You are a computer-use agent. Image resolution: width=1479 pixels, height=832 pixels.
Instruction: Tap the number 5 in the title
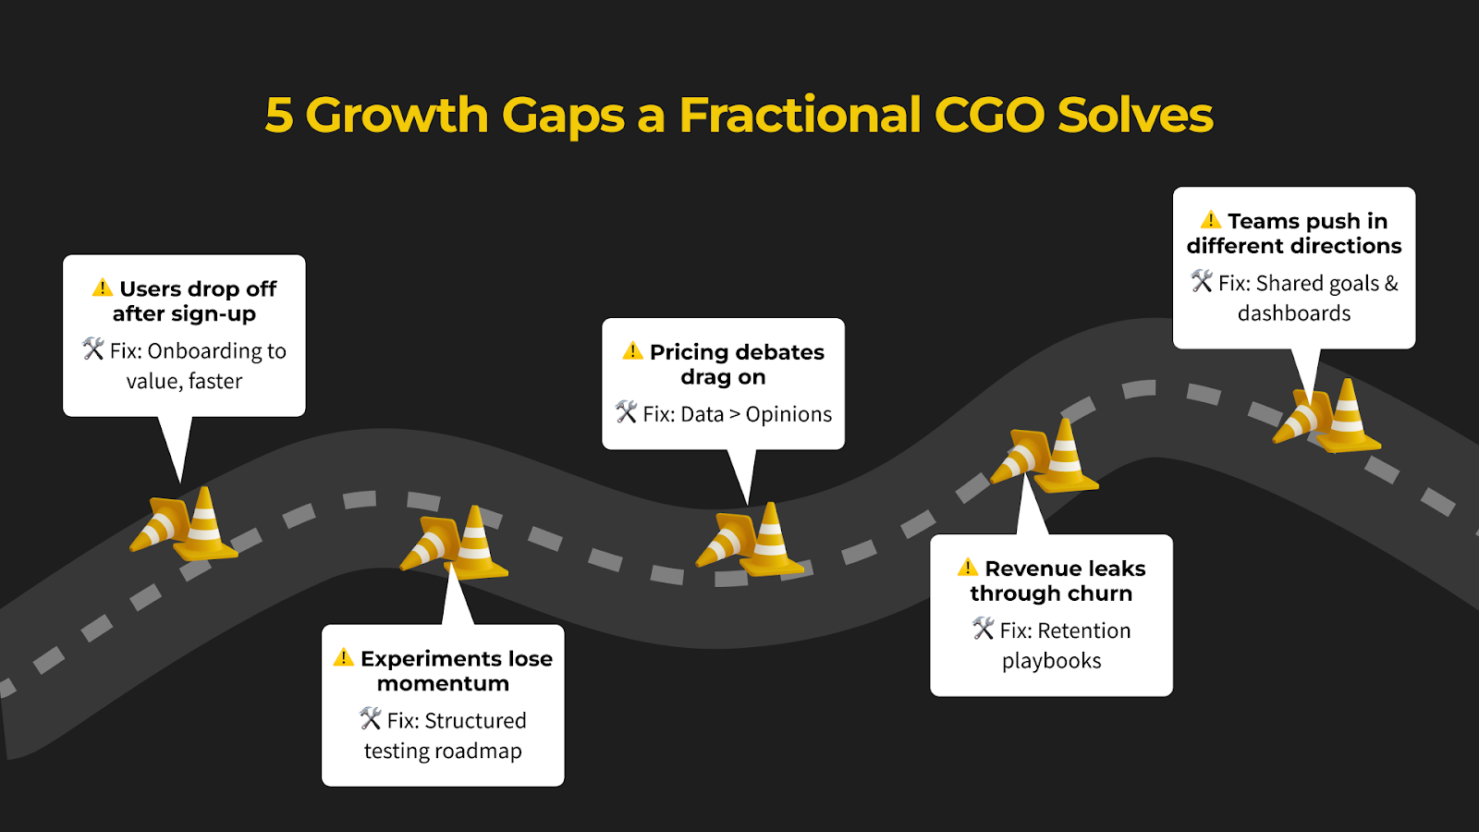tap(278, 116)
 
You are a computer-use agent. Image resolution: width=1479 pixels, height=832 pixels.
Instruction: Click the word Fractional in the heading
tap(800, 115)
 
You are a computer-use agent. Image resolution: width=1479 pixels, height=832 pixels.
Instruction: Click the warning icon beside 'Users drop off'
tap(103, 288)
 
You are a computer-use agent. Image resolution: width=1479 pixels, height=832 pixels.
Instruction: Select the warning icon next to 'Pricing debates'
tap(632, 350)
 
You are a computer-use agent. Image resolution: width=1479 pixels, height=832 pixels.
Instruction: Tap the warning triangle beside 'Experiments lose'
tap(343, 657)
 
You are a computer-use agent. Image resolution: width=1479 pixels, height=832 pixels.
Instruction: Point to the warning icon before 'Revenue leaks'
tap(967, 568)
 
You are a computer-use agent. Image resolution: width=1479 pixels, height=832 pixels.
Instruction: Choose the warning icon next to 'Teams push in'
tap(1210, 219)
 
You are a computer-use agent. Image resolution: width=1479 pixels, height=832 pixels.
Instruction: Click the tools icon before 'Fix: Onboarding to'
tap(93, 349)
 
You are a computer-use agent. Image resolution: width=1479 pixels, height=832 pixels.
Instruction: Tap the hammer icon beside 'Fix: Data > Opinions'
tap(626, 412)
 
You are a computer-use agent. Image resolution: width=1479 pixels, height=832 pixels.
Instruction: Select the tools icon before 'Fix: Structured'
tap(371, 718)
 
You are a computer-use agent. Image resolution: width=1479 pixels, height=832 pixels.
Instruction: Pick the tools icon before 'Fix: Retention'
tap(984, 629)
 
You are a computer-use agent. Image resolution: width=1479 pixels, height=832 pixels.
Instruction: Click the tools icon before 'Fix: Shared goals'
tap(1202, 281)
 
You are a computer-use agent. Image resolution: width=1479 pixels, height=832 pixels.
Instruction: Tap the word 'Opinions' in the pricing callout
tap(788, 415)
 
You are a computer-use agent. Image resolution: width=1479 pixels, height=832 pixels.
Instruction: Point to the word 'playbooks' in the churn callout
tap(1052, 661)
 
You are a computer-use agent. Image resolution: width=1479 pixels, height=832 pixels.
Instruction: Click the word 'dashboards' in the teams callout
tap(1294, 313)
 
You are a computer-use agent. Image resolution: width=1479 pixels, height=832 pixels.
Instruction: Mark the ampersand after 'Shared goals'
tap(1391, 283)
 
